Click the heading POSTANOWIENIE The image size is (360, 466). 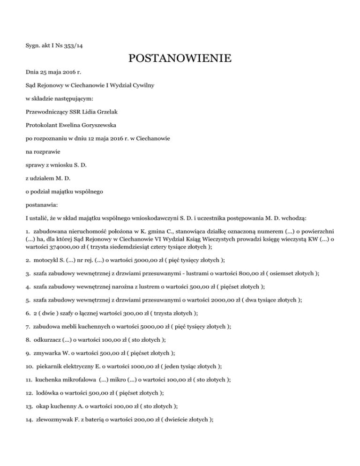[180, 60]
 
